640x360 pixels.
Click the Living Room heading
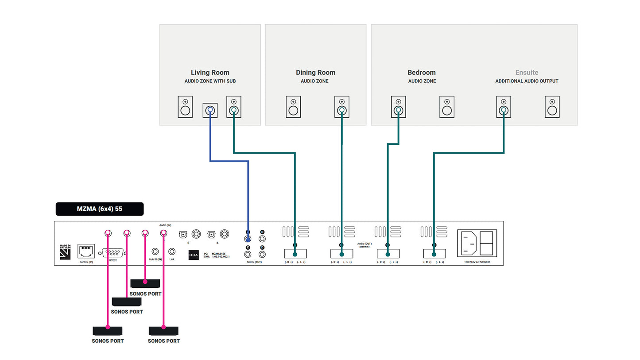point(210,72)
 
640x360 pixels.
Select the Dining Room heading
point(315,72)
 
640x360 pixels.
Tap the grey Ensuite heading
point(527,72)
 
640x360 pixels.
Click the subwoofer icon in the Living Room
point(210,110)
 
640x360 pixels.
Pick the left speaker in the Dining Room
point(293,107)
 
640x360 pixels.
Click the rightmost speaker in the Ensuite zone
point(552,107)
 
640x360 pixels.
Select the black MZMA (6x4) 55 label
point(100,209)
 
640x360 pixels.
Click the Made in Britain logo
point(65,251)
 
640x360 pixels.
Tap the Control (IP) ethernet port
point(86,251)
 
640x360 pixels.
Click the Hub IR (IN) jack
point(155,252)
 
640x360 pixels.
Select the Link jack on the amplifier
point(172,252)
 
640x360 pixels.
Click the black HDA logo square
point(194,255)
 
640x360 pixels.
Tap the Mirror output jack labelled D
point(262,254)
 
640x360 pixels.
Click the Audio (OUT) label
point(365,244)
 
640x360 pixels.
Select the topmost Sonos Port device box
point(145,283)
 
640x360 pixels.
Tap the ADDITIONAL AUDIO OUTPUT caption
point(527,81)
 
